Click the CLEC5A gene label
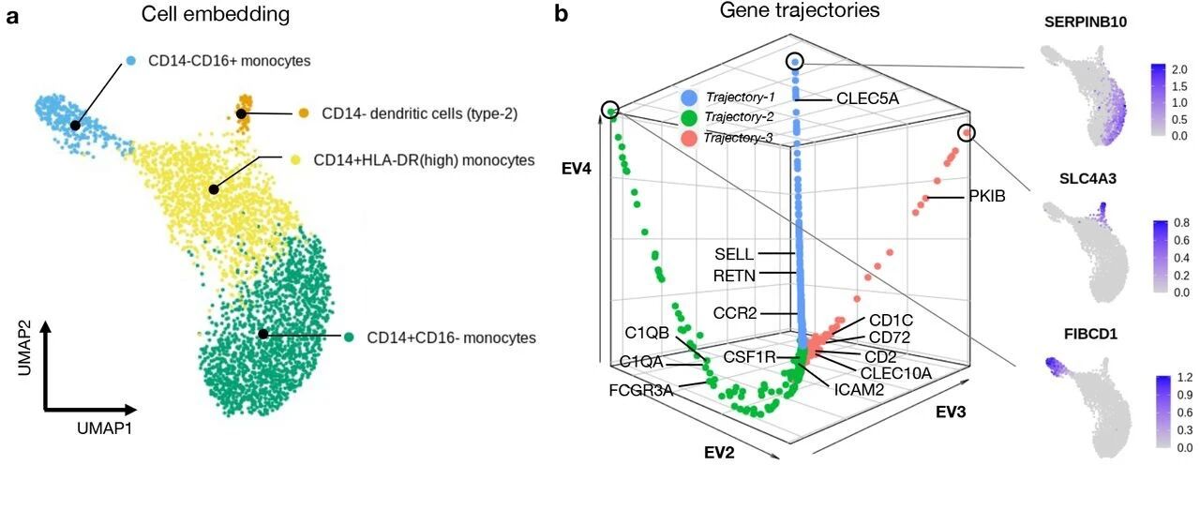coord(868,98)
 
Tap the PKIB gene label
coord(987,197)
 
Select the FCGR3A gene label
coord(640,390)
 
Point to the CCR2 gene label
coord(734,313)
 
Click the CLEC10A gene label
coord(896,373)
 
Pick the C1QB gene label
coord(647,333)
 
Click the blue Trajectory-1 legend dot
coord(689,97)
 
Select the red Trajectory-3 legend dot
coord(689,138)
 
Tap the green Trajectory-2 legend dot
coord(689,117)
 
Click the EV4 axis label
coord(577,170)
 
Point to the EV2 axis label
coord(719,453)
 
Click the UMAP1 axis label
coord(104,428)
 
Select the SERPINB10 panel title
coord(1086,22)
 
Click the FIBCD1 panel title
coord(1090,335)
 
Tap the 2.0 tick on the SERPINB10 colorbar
coord(1179,69)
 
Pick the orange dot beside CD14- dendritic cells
coord(303,113)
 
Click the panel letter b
coord(561,14)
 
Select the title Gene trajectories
coord(800,10)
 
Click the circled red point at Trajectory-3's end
coord(967,133)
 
